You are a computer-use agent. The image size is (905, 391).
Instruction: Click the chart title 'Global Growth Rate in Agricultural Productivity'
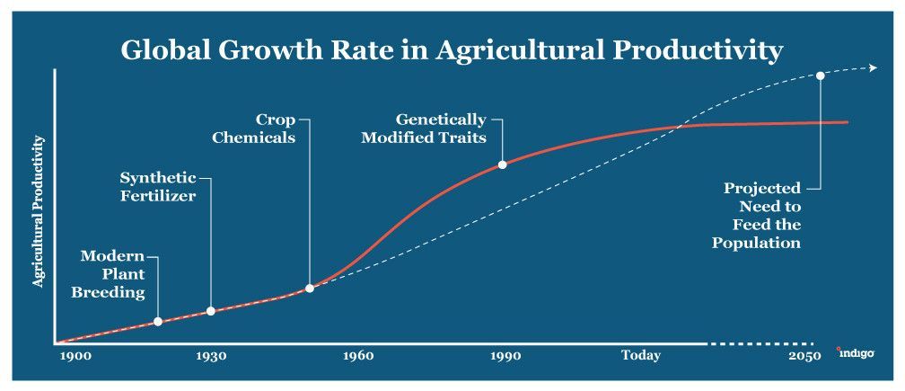[452, 50]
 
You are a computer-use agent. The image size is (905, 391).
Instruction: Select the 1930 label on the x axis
[211, 356]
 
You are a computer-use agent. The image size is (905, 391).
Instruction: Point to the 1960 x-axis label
[358, 356]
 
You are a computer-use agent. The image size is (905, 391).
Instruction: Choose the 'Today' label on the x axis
[640, 356]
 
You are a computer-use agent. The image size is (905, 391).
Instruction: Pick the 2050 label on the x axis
[805, 356]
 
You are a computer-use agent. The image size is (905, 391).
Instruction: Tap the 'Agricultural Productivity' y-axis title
[39, 211]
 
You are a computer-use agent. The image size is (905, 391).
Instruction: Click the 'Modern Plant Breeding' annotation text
[112, 274]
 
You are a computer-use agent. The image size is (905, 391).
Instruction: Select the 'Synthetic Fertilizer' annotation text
[158, 186]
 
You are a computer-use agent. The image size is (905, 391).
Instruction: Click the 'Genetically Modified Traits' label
[424, 129]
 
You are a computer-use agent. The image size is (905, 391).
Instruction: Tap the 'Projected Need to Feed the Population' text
[758, 216]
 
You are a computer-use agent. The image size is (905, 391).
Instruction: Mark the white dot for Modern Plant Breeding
[158, 321]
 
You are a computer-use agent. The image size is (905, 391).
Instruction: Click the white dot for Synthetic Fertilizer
[211, 311]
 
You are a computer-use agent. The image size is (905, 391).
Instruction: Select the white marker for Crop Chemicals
[310, 288]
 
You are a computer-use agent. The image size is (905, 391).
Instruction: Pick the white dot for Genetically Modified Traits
[502, 164]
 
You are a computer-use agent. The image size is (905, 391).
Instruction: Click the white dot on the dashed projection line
[820, 76]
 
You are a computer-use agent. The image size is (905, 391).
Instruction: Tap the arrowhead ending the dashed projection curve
[874, 67]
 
